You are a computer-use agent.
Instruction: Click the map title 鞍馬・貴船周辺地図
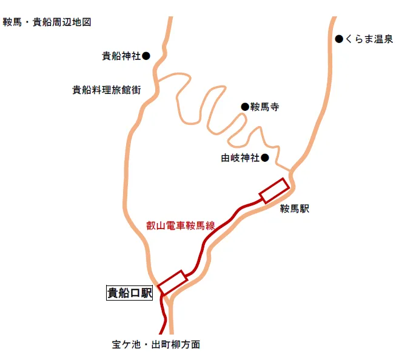click(47, 22)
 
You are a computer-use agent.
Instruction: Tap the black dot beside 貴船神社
click(146, 56)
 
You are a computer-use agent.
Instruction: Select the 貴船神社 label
click(121, 56)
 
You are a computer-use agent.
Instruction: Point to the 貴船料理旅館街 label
click(107, 90)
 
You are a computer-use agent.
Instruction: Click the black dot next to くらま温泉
click(339, 39)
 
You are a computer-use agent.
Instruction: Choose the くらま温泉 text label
click(369, 39)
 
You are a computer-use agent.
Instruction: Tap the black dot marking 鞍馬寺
click(245, 107)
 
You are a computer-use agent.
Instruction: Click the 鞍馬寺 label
click(265, 107)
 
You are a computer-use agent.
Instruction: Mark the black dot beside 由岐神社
click(265, 158)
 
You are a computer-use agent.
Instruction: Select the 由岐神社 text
click(241, 158)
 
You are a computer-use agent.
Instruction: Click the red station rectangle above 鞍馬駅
click(275, 191)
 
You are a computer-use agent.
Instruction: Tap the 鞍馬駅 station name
click(295, 208)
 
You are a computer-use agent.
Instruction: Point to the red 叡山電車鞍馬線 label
click(181, 225)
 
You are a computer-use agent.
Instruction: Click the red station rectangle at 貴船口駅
click(173, 282)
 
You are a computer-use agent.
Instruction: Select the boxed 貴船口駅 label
click(130, 293)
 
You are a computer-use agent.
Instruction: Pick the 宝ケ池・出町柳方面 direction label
click(156, 344)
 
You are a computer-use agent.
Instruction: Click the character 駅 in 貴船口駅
click(146, 293)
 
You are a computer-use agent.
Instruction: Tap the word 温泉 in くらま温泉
click(384, 39)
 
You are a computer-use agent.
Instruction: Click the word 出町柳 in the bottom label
click(166, 344)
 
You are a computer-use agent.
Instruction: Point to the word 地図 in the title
click(81, 22)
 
